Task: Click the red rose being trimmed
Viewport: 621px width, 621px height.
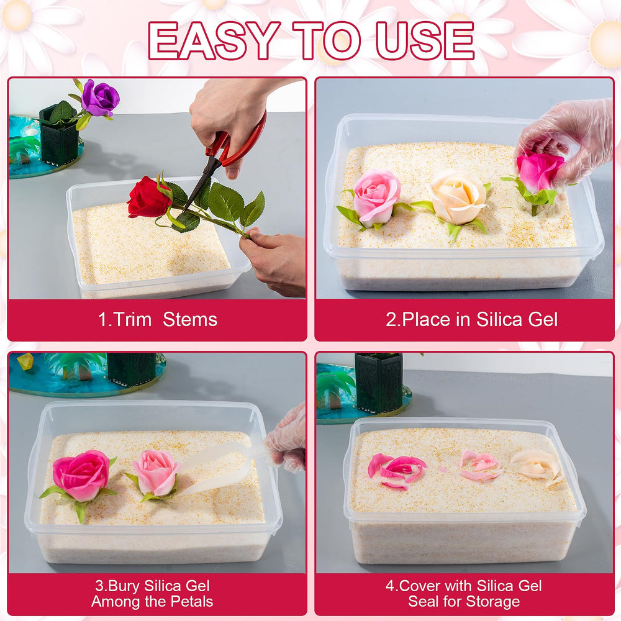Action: pos(149,197)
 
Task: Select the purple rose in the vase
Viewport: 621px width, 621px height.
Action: pos(100,97)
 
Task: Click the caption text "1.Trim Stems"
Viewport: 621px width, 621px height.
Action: pos(157,319)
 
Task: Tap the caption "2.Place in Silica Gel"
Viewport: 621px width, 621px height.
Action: pos(472,319)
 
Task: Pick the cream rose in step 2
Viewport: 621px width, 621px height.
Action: pos(458,197)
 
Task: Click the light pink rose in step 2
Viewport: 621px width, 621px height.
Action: pos(376,197)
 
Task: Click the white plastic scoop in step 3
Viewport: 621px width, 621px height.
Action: pos(222,468)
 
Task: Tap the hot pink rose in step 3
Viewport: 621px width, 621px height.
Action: pos(81,475)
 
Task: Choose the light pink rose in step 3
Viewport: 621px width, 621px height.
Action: pos(156,473)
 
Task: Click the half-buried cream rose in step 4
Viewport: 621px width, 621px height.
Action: pos(537,468)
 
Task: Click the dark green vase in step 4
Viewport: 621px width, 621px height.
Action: pos(379,382)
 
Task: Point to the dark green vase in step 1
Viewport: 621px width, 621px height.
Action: pos(59,135)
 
